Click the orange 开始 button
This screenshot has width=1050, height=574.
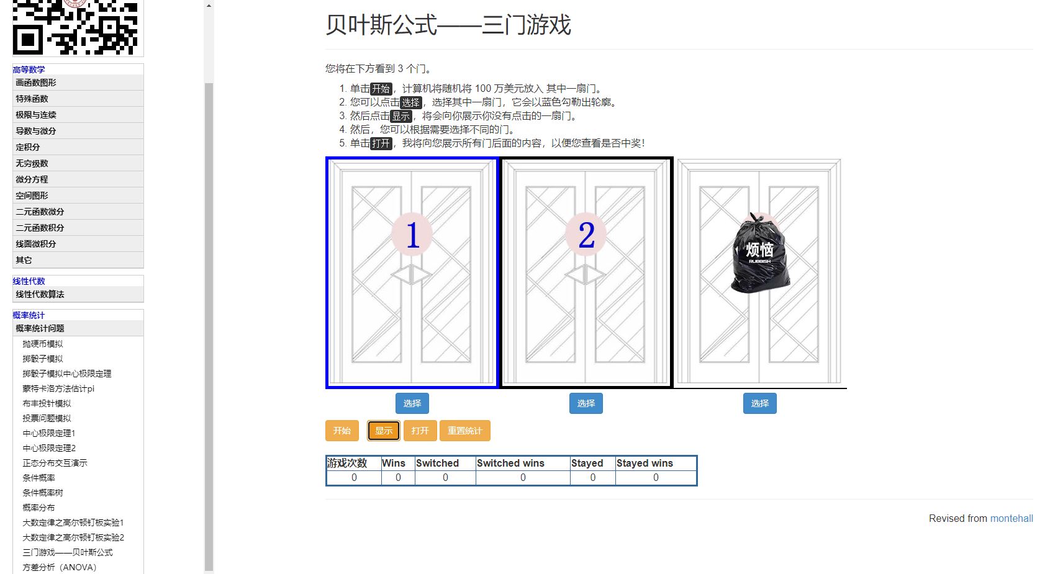point(342,431)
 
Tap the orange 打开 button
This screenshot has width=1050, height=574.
point(420,431)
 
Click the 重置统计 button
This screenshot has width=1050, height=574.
point(464,431)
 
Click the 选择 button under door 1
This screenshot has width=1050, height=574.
point(412,403)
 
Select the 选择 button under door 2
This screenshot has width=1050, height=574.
point(586,403)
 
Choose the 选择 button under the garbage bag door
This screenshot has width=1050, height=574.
point(760,403)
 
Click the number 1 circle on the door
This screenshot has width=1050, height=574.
point(412,235)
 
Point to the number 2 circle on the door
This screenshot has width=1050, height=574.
point(586,235)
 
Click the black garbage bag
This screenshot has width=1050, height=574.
point(760,253)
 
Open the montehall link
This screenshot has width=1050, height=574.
point(1011,518)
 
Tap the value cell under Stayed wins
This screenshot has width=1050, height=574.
point(656,477)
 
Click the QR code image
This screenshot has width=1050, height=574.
point(75,27)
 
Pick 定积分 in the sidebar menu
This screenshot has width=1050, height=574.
point(28,147)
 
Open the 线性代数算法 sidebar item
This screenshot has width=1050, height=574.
point(40,294)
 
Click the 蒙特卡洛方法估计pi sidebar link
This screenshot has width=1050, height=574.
point(58,388)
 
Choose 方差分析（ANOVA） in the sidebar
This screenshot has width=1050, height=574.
point(60,567)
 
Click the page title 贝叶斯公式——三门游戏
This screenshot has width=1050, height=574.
point(448,25)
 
